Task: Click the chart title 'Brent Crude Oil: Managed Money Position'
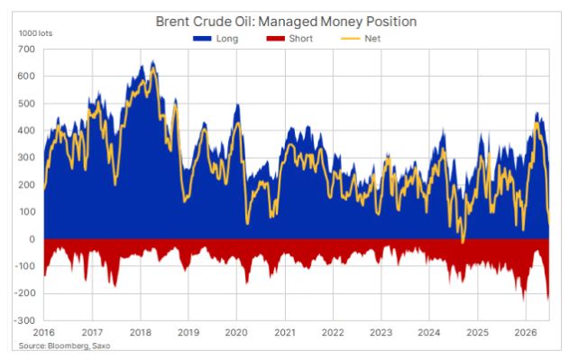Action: [286, 22]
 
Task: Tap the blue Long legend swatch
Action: [202, 39]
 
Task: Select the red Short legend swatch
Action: [275, 39]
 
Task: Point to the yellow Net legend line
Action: [351, 39]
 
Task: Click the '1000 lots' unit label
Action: [35, 33]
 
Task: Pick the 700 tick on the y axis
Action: [26, 49]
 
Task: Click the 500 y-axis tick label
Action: [26, 104]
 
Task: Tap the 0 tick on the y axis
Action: [32, 239]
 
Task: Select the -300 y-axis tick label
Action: [24, 320]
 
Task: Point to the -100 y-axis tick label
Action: [24, 266]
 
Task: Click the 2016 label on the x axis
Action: [44, 332]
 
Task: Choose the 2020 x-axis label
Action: [236, 332]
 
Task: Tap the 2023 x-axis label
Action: [381, 332]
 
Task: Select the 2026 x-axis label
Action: [526, 332]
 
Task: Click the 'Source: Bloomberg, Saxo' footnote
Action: [64, 346]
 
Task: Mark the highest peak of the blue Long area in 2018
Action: [153, 61]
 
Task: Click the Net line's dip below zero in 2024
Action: [463, 241]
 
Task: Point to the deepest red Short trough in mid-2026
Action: [548, 300]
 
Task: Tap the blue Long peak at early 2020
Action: [238, 105]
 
